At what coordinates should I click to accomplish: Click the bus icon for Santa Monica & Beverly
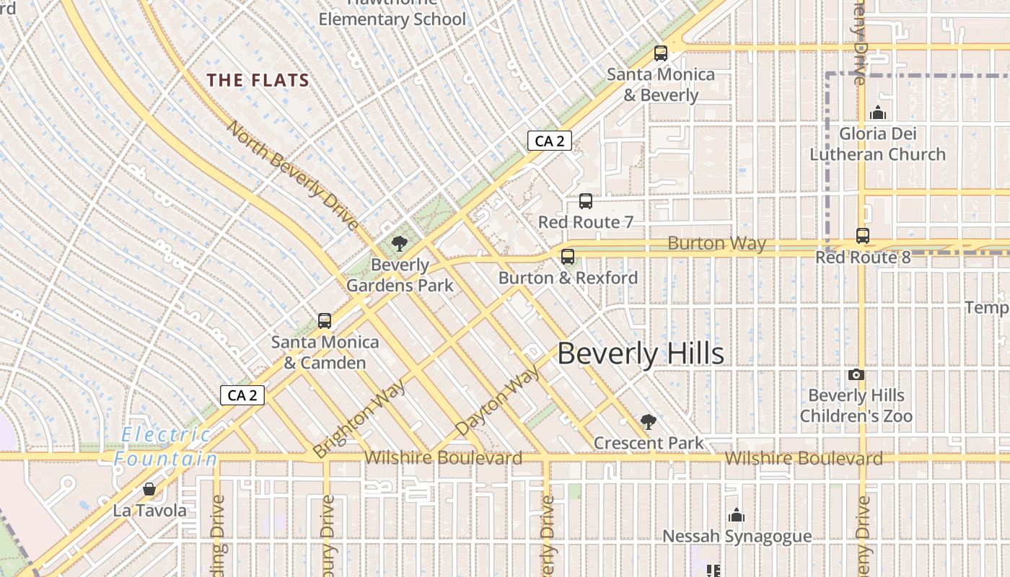pyautogui.click(x=660, y=53)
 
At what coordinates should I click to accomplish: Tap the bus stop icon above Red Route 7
pyautogui.click(x=586, y=201)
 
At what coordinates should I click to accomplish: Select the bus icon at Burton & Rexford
pyautogui.click(x=568, y=256)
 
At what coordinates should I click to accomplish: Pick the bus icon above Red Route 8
pyautogui.click(x=862, y=235)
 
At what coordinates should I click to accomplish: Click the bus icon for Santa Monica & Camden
pyautogui.click(x=325, y=321)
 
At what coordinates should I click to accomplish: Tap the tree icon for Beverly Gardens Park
pyautogui.click(x=399, y=243)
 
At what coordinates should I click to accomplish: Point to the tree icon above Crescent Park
pyautogui.click(x=648, y=422)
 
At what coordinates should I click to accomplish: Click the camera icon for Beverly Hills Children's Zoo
pyautogui.click(x=856, y=374)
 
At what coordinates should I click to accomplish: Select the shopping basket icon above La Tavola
pyautogui.click(x=149, y=489)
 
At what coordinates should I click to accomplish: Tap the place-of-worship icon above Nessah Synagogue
pyautogui.click(x=737, y=515)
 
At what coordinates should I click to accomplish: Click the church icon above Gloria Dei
pyautogui.click(x=878, y=112)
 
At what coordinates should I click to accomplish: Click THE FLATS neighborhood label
pyautogui.click(x=258, y=80)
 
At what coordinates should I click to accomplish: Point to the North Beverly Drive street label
pyautogui.click(x=293, y=175)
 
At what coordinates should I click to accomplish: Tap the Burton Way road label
pyautogui.click(x=716, y=243)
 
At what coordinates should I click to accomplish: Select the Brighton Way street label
pyautogui.click(x=360, y=418)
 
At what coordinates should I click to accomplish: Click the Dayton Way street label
pyautogui.click(x=499, y=401)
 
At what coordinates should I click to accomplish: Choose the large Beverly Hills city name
pyautogui.click(x=641, y=354)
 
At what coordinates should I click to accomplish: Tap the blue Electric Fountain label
pyautogui.click(x=166, y=446)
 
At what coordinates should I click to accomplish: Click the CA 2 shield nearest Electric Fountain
pyautogui.click(x=242, y=395)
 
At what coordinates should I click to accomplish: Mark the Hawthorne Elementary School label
pyautogui.click(x=392, y=16)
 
